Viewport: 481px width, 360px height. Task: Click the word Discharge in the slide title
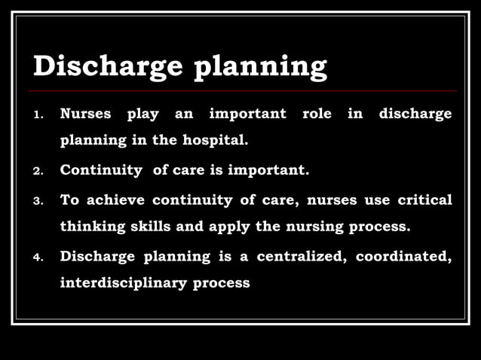pyautogui.click(x=108, y=66)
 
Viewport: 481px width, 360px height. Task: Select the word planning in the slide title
pyautogui.click(x=261, y=68)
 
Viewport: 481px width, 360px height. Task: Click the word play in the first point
pyautogui.click(x=142, y=115)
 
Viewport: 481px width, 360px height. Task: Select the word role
pyautogui.click(x=317, y=114)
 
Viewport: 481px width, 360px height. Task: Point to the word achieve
pyautogui.click(x=115, y=200)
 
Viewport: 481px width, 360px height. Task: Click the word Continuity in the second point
pyautogui.click(x=100, y=170)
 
